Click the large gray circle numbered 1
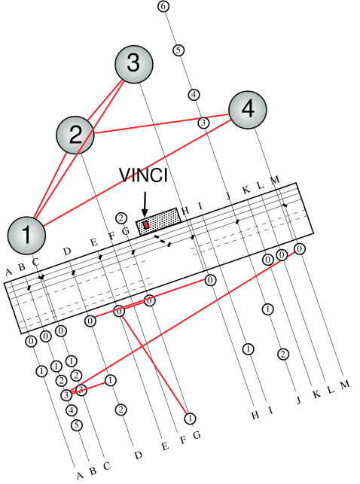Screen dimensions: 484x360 pos(26,235)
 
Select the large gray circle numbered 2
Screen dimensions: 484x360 pos(75,135)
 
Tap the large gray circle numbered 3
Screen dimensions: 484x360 pos(133,64)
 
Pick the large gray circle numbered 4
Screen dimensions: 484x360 pos(246,111)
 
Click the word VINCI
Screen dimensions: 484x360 pos(143,175)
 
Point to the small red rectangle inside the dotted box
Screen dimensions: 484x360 pos(145,224)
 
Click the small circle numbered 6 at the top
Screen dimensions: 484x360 pos(163,7)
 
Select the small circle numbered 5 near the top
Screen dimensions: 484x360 pos(178,50)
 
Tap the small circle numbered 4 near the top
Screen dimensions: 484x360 pos(194,95)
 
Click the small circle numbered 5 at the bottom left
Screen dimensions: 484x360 pos(76,425)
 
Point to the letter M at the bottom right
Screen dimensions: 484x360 pos(345,385)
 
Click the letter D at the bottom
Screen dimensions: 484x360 pos(138,455)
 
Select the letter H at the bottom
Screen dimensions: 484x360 pos(255,414)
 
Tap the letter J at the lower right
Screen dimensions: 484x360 pos(298,400)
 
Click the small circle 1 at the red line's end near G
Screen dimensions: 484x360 pos(190,418)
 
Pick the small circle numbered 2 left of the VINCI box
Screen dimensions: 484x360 pos(121,218)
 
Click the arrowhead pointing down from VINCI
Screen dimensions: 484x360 pos(145,212)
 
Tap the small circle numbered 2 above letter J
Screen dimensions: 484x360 pos(282,354)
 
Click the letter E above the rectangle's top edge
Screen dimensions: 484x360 pos(93,242)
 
